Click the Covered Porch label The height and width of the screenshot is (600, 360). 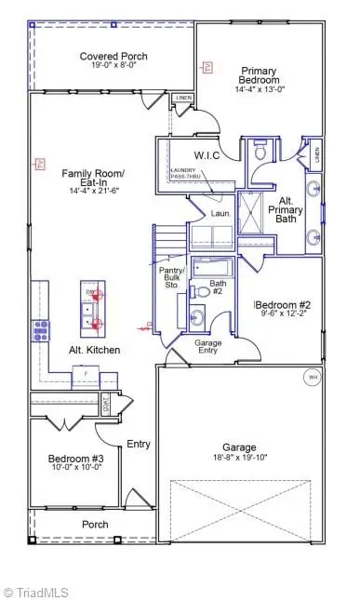pos(113,57)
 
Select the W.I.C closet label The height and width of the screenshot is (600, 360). pos(206,154)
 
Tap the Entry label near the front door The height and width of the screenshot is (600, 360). pos(139,444)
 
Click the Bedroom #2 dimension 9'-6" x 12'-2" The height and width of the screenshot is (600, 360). pos(285,313)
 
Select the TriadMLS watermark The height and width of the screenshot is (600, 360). pos(37,591)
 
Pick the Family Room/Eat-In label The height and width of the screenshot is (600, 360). pos(93,179)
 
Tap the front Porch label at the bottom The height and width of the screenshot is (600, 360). pos(94,525)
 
